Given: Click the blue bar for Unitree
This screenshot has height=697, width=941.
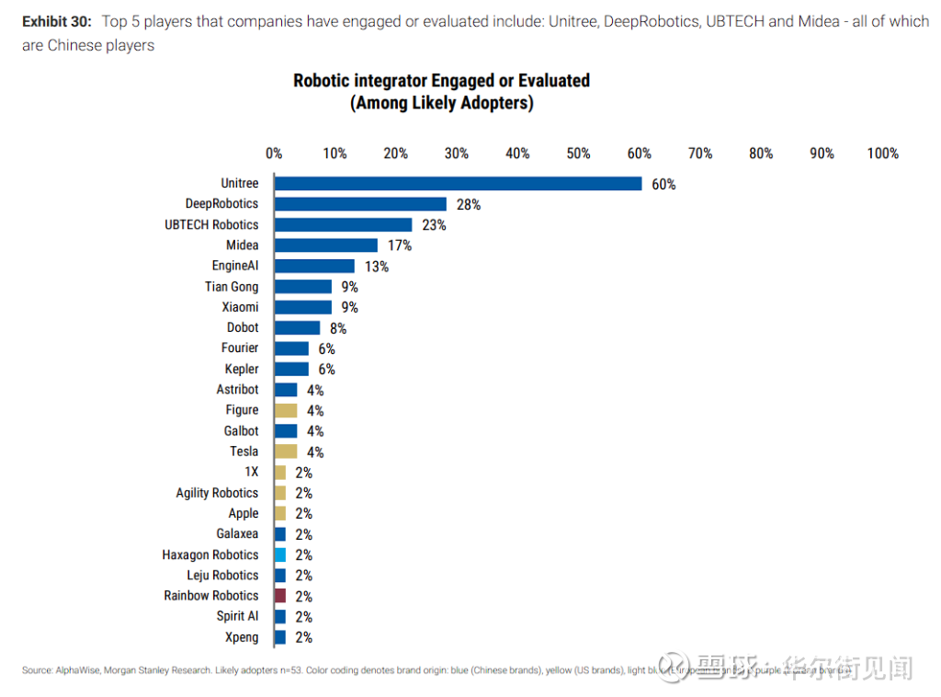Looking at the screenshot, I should (458, 184).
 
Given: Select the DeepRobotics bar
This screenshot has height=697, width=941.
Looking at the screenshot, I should (360, 204).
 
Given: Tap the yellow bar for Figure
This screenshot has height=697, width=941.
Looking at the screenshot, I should (286, 410).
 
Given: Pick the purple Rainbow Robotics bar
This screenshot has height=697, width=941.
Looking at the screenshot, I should (280, 596).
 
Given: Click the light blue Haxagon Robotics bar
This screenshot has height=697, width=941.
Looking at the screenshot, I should (280, 554).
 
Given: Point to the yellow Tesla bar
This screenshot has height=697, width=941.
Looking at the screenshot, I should (286, 451).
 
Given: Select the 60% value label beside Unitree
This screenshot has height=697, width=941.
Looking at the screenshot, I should (663, 184).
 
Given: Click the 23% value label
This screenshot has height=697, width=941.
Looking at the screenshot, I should (435, 225).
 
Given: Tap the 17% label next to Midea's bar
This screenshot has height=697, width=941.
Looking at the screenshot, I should (400, 246).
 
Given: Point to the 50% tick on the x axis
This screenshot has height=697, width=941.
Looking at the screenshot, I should (579, 154).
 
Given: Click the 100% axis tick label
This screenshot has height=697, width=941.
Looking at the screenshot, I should (882, 154).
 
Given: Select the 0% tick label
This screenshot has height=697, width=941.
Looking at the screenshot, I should (274, 154).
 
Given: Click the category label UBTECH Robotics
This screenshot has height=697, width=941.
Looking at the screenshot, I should (211, 224).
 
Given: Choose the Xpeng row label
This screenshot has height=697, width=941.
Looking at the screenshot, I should (242, 637).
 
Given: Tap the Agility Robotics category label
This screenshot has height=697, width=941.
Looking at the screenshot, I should (217, 493).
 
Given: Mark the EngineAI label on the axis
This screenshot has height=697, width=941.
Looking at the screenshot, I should (235, 266).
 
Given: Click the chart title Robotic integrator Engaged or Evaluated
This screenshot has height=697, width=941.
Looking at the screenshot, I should (441, 80).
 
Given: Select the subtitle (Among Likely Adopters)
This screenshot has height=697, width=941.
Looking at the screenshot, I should (441, 103).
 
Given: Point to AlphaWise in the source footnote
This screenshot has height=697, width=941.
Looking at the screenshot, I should (78, 670).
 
